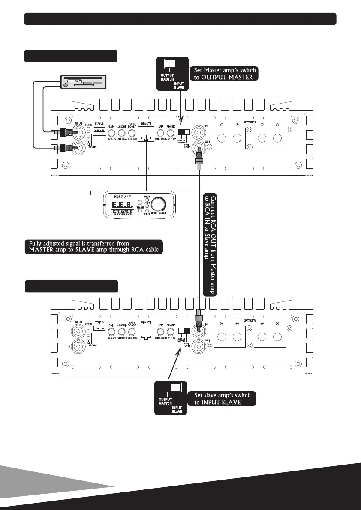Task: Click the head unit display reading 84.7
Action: coord(78,81)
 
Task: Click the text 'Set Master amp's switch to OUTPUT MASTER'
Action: coord(226,73)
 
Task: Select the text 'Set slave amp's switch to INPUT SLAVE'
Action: coord(222,399)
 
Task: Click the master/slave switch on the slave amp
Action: coord(185,331)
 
